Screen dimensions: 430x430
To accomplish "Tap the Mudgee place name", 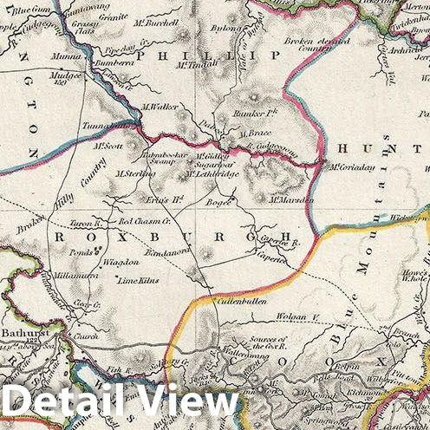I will [x=67, y=75].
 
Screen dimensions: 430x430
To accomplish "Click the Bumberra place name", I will [x=91, y=63].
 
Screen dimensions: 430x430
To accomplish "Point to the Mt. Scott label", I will [x=110, y=146].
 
